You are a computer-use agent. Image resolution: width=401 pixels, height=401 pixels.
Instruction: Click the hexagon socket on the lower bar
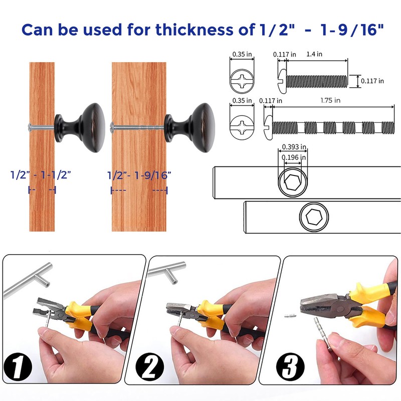(314, 218)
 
